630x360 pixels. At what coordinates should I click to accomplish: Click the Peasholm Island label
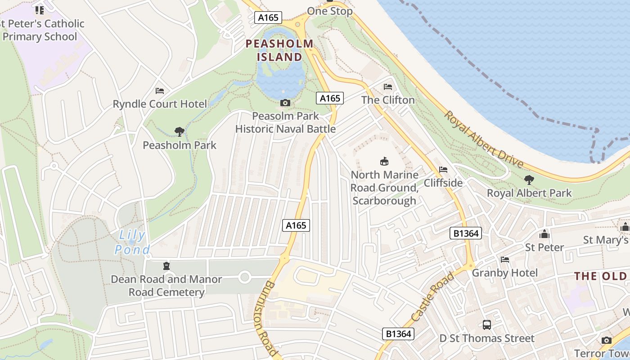pos(279,50)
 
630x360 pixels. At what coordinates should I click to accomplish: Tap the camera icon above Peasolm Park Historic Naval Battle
pos(285,103)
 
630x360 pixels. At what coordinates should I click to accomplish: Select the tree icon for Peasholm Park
pos(180,132)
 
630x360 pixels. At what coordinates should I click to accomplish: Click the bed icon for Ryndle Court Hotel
pos(160,91)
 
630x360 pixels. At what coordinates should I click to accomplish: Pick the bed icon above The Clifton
pos(388,87)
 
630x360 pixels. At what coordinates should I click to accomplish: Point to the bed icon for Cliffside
pos(443,170)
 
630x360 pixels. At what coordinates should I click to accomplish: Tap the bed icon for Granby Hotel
pos(505,260)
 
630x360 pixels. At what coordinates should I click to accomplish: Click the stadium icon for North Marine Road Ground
pos(384,161)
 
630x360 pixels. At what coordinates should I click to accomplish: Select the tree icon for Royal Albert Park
pos(529,180)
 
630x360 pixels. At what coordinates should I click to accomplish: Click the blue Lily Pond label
pos(131,242)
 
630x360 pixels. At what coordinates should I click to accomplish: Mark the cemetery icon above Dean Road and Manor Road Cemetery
pos(166,266)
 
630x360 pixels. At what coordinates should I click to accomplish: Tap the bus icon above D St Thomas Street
pos(486,324)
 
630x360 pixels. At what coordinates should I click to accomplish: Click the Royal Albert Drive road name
pos(484,139)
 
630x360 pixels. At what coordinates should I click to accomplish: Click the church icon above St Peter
pos(544,234)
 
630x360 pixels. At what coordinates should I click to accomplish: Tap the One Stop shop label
pos(330,11)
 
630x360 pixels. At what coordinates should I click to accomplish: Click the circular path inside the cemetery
pos(244,277)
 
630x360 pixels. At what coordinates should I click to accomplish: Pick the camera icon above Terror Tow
pos(607,340)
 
